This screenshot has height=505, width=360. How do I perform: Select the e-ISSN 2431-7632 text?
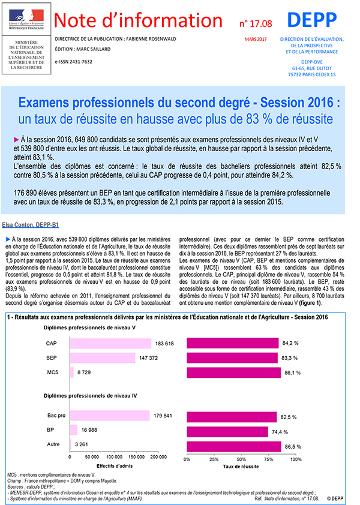(x=75, y=62)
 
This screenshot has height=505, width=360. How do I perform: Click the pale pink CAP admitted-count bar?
(x=111, y=343)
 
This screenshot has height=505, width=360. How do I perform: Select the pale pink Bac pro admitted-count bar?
(x=110, y=416)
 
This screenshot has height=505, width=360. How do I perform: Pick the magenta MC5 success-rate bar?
(x=234, y=372)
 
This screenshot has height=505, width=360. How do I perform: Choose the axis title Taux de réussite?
(x=241, y=466)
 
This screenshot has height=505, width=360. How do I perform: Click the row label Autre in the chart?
(x=53, y=444)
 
